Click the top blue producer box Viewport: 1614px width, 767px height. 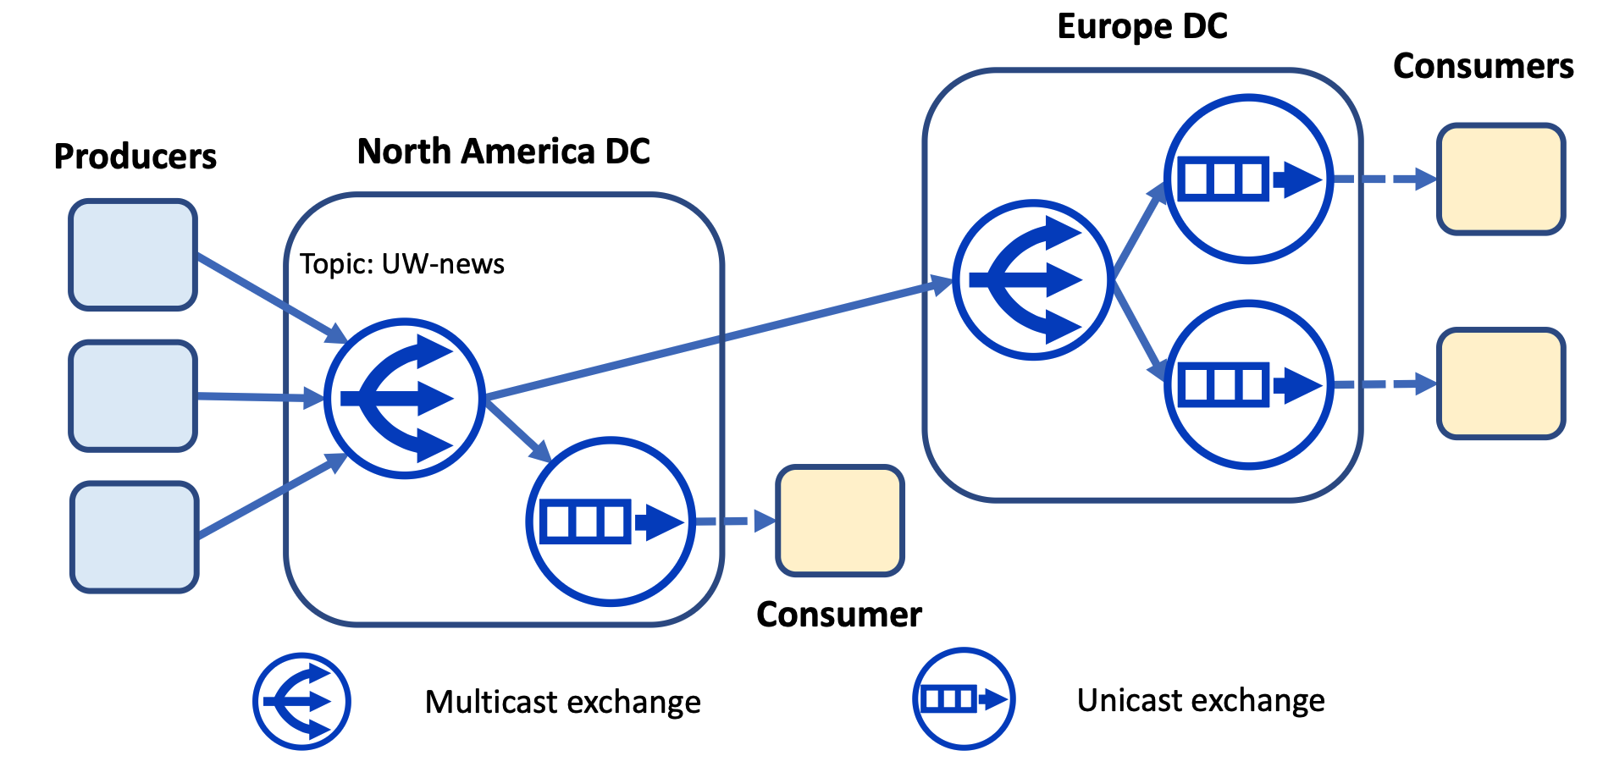click(x=133, y=255)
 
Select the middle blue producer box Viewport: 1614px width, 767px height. click(x=133, y=396)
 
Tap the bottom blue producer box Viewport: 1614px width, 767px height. click(x=134, y=537)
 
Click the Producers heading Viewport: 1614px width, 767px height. click(x=135, y=157)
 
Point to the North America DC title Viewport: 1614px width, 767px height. click(x=503, y=152)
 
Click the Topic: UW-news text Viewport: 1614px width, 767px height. click(x=401, y=264)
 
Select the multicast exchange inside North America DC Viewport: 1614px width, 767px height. click(x=404, y=398)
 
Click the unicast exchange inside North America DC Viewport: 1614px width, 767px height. click(x=611, y=521)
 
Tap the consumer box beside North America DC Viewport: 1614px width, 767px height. click(x=839, y=521)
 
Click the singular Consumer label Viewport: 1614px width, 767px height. click(x=838, y=615)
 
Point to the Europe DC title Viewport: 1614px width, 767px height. click(x=1141, y=27)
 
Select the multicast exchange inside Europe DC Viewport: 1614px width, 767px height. click(x=1032, y=279)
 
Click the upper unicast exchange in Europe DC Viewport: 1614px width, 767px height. click(x=1248, y=179)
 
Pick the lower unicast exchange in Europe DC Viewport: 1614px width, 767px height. click(x=1248, y=384)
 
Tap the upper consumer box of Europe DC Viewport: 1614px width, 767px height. click(x=1501, y=179)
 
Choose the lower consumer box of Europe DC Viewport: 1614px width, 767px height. click(x=1501, y=383)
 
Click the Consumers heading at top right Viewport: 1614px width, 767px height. click(x=1483, y=66)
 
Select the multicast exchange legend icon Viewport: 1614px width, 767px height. click(x=301, y=701)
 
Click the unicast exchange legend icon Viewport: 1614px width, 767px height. click(x=964, y=699)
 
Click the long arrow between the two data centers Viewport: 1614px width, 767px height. click(x=720, y=339)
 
